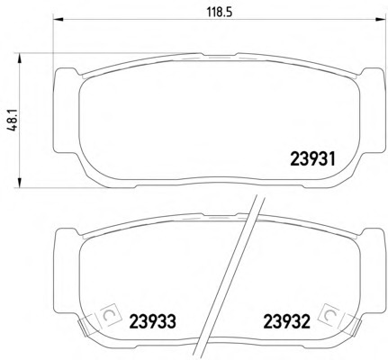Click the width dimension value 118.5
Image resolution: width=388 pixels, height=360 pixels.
click(x=220, y=12)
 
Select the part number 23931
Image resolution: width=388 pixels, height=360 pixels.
click(x=312, y=158)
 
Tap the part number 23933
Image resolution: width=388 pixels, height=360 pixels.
click(x=152, y=321)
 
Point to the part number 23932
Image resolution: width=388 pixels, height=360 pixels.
click(x=286, y=321)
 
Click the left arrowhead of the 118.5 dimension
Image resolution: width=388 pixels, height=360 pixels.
click(x=59, y=20)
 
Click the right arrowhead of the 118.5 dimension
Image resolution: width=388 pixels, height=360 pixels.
click(x=380, y=20)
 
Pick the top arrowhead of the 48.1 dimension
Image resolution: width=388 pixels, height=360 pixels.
click(x=19, y=58)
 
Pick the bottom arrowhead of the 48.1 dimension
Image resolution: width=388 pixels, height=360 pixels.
click(x=19, y=183)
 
